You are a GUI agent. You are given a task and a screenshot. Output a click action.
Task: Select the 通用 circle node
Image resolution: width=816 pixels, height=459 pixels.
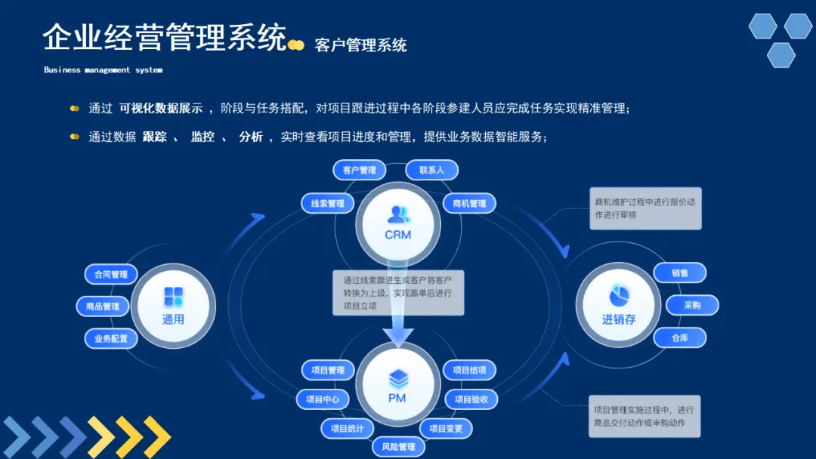click(x=173, y=305)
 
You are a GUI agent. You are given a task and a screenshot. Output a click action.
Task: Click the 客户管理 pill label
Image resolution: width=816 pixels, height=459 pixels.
click(x=360, y=170)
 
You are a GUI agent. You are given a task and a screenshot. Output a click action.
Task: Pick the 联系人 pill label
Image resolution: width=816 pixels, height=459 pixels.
click(x=431, y=170)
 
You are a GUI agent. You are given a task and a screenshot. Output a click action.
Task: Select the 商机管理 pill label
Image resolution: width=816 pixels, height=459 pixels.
click(x=469, y=203)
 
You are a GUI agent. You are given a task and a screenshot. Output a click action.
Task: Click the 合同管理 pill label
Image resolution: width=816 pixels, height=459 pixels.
click(x=111, y=275)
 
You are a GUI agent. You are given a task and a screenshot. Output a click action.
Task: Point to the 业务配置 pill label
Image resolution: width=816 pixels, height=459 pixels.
click(x=111, y=339)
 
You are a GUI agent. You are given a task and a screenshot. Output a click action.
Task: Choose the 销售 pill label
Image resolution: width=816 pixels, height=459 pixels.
click(x=679, y=273)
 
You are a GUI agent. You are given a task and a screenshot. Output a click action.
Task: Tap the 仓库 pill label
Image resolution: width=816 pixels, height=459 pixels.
click(x=679, y=337)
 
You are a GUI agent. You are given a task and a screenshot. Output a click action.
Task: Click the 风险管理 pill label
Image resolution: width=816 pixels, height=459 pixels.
click(x=397, y=446)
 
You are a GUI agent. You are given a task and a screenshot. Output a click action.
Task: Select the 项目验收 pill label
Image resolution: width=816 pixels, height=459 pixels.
click(x=471, y=399)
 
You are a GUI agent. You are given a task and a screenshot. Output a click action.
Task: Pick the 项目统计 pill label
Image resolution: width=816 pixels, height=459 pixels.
click(x=347, y=429)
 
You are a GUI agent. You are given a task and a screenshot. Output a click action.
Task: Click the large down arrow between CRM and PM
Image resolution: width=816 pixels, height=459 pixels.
click(x=398, y=317)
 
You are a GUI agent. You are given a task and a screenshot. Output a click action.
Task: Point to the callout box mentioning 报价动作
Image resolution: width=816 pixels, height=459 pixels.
click(x=645, y=208)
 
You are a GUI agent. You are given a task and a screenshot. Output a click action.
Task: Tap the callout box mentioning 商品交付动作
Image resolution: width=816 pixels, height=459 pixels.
click(x=644, y=416)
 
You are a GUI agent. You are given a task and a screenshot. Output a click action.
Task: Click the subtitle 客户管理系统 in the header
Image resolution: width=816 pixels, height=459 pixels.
click(x=360, y=45)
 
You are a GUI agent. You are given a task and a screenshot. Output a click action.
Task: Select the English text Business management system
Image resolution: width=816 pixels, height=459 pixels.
click(x=103, y=70)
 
